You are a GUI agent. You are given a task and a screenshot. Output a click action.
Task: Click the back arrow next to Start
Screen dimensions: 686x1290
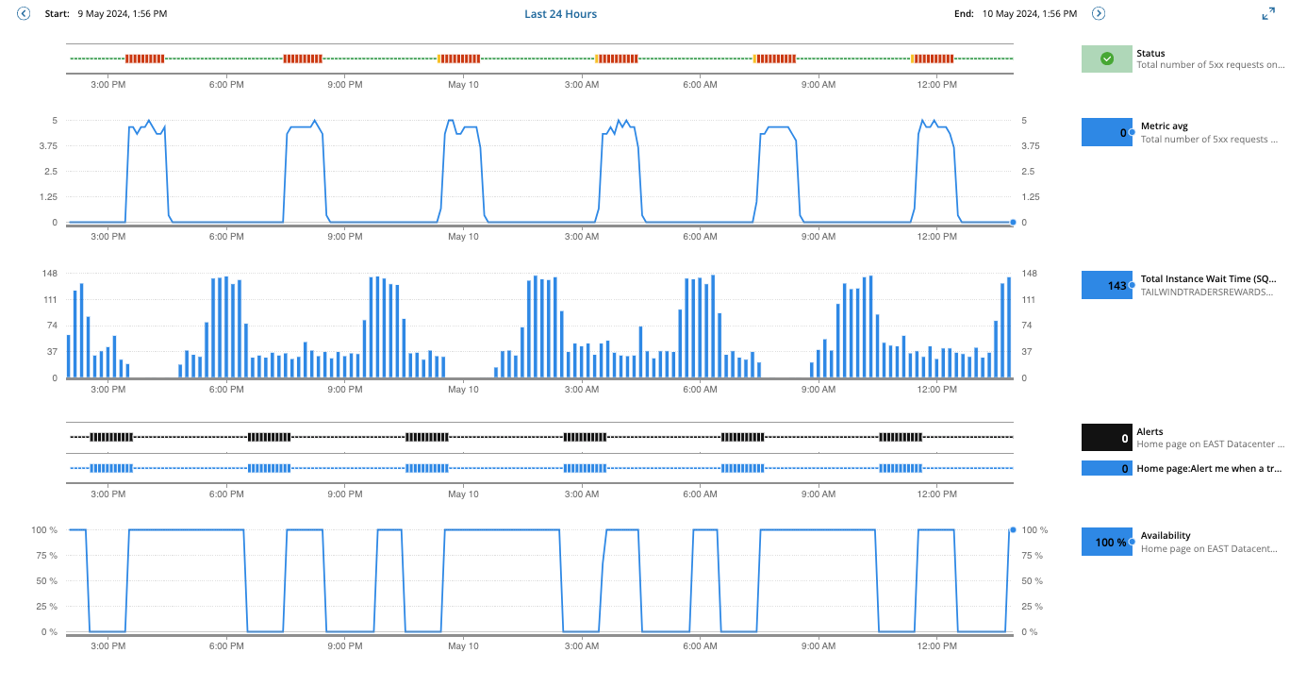(x=24, y=14)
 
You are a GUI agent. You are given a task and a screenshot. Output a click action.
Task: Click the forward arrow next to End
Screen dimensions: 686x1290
(x=1099, y=14)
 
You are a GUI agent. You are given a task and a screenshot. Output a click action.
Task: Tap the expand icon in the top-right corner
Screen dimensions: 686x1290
(x=1268, y=14)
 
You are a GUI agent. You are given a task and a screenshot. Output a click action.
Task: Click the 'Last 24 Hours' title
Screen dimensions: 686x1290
(x=560, y=14)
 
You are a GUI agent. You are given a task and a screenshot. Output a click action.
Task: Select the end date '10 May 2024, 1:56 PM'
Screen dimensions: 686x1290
(x=1029, y=14)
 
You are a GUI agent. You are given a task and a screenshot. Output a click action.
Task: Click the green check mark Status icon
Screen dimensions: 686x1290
(x=1107, y=59)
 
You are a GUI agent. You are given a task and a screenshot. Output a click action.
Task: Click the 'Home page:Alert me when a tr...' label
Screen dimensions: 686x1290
(x=1209, y=468)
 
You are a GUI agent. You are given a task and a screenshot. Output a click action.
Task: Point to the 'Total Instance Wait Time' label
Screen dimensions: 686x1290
(x=1208, y=278)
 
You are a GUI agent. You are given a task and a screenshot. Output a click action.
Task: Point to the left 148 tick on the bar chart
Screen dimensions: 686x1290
(x=48, y=274)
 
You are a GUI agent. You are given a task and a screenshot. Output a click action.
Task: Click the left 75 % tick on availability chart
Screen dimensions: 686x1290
(x=46, y=555)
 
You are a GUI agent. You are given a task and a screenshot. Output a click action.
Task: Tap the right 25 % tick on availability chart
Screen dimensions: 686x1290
(x=1034, y=607)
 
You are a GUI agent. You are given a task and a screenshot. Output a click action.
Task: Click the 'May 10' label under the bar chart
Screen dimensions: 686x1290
(x=463, y=389)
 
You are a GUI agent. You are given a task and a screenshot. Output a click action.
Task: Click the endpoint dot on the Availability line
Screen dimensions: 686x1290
(x=1013, y=529)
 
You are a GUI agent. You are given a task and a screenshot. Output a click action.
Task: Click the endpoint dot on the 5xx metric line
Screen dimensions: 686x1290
(x=1013, y=223)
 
